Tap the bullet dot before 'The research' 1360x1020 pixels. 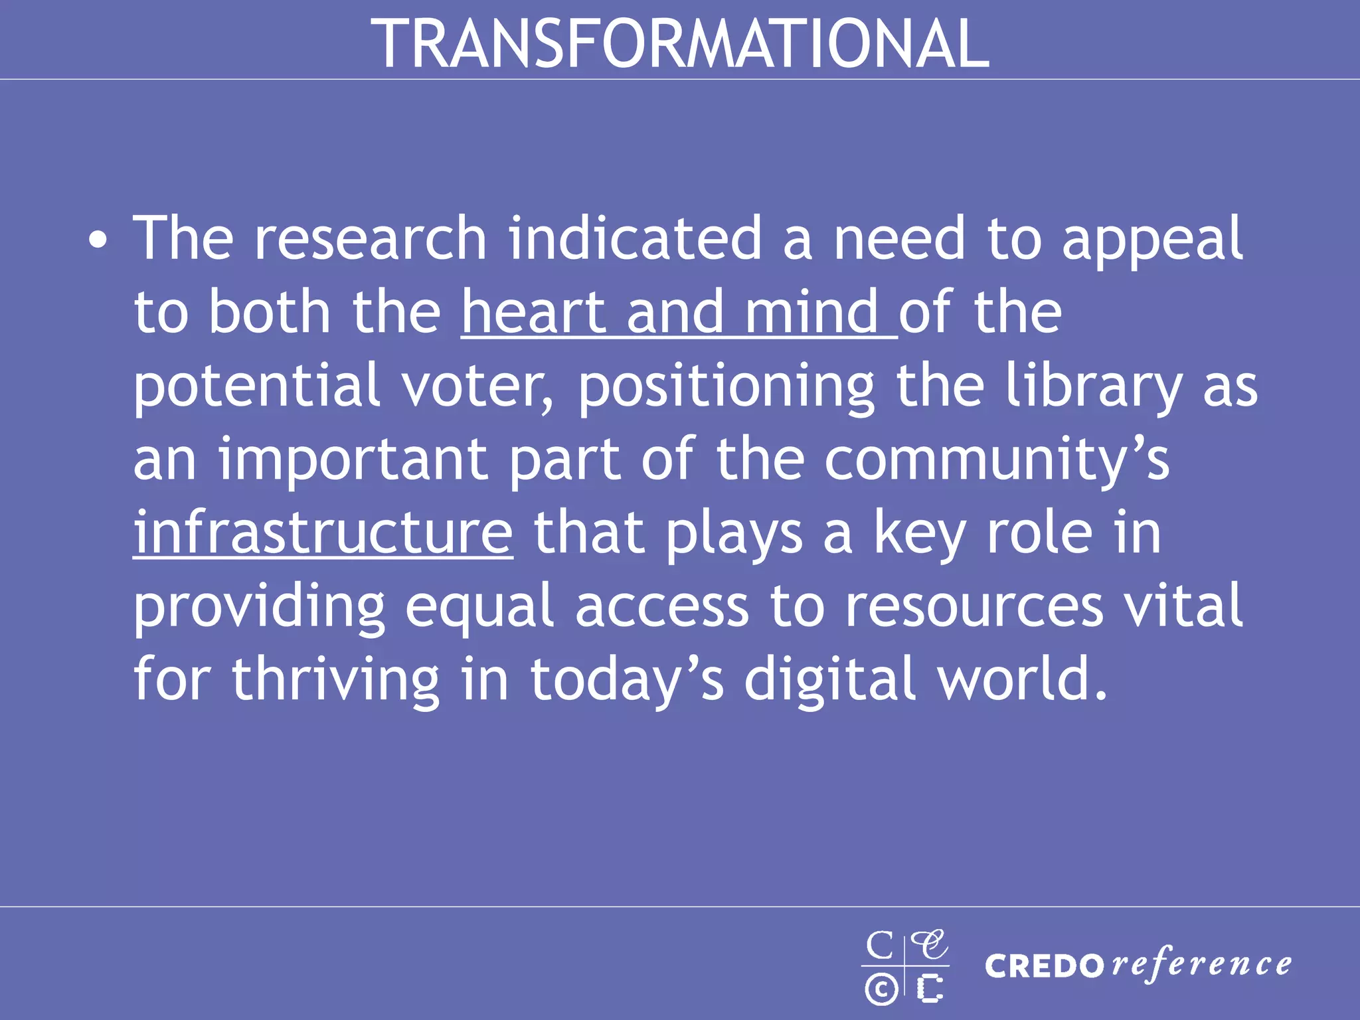(x=98, y=240)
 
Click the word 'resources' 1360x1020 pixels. (x=974, y=607)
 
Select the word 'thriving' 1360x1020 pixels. (x=335, y=681)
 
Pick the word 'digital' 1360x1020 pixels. (x=830, y=681)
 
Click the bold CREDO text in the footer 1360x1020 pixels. (x=1045, y=966)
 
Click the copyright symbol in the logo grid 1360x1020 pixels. (x=881, y=989)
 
